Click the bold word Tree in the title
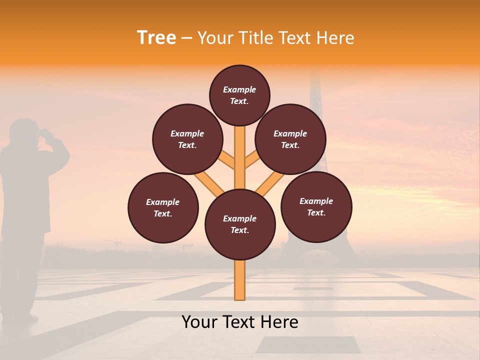click(156, 38)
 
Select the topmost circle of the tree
click(239, 95)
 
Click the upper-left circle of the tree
click(187, 139)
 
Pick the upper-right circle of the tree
click(290, 139)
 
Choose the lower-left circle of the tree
click(163, 207)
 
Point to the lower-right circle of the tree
click(316, 206)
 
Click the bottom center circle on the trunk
click(240, 224)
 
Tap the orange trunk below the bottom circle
click(240, 280)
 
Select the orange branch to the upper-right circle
click(253, 160)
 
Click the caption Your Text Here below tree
click(240, 322)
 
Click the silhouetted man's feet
click(20, 316)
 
